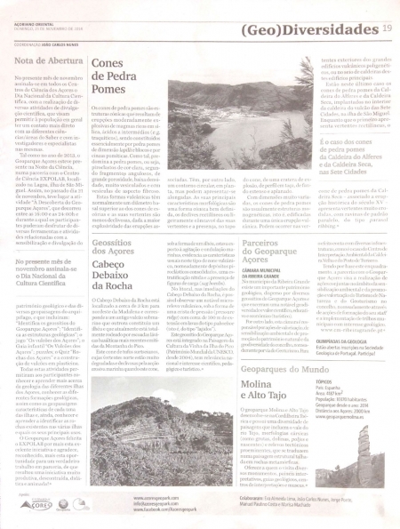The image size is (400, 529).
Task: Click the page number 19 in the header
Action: (x=387, y=29)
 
